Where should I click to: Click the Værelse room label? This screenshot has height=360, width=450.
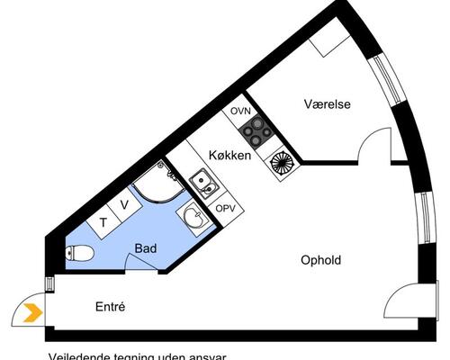[327, 104]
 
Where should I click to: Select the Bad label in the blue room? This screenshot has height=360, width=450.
[147, 247]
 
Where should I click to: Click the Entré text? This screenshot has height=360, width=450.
[110, 307]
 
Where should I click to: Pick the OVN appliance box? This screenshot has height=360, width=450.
[239, 111]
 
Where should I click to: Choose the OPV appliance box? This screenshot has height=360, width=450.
[223, 208]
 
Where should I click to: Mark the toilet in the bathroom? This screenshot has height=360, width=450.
[78, 256]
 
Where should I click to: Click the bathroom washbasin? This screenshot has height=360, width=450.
[193, 217]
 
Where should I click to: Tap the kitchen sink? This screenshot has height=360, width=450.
[204, 185]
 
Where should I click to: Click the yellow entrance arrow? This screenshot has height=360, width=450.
[31, 313]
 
